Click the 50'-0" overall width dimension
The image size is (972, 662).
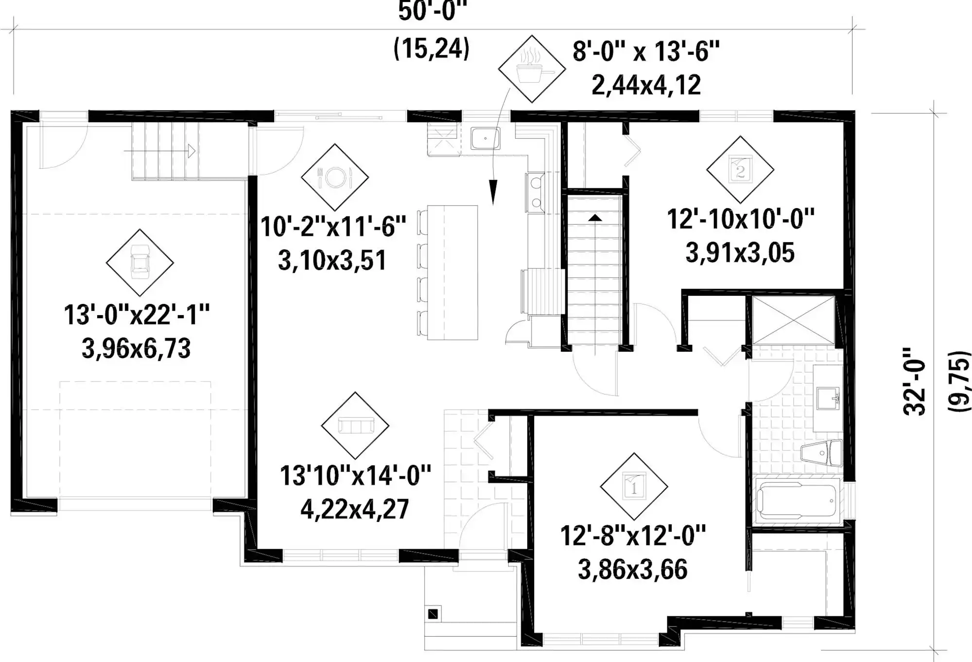coord(432,12)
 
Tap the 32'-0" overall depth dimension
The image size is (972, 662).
coord(914,381)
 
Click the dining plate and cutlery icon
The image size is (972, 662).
coord(335,177)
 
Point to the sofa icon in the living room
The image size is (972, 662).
coord(355,426)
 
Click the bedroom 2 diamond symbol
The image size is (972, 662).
coord(740,169)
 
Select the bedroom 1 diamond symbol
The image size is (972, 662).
coord(634,486)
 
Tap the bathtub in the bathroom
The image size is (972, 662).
coord(798,501)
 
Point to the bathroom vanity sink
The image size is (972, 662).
coord(828,398)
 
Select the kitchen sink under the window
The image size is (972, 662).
coord(485,138)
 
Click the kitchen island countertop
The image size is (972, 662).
coord(452,272)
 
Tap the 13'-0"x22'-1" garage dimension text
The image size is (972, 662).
coord(137,315)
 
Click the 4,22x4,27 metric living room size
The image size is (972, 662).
coord(355,509)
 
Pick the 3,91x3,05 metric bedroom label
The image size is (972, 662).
coord(740,253)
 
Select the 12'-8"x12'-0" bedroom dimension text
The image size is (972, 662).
coord(633,536)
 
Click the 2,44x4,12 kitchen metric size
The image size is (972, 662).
coord(646,85)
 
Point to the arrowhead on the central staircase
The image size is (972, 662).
coord(595,217)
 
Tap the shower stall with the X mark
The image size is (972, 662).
coord(793,320)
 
